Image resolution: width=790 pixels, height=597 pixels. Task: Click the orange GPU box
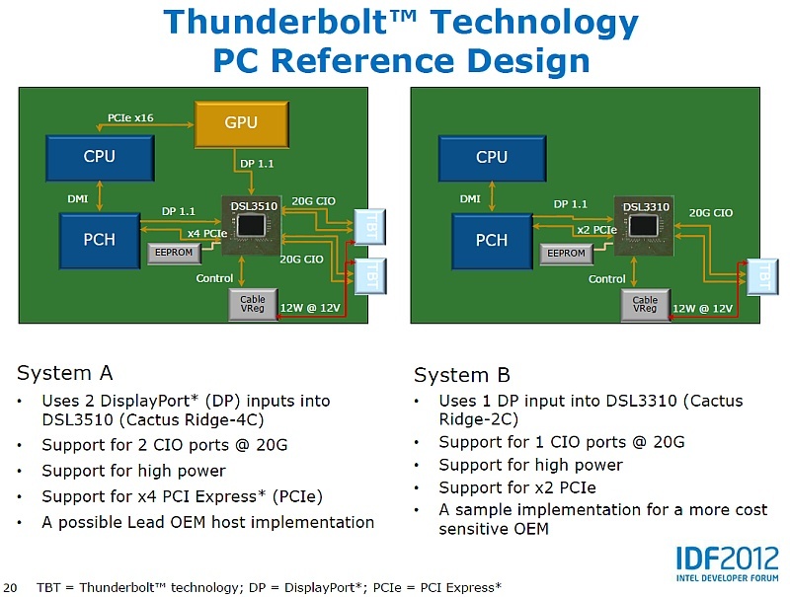(x=241, y=123)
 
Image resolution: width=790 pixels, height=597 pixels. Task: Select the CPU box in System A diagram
(x=99, y=157)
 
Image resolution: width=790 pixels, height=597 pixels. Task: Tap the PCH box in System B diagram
(x=492, y=241)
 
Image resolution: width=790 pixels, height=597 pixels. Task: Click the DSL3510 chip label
(x=254, y=206)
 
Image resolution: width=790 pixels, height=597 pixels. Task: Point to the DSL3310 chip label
(x=646, y=207)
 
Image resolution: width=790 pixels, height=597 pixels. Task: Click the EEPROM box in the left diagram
(x=174, y=253)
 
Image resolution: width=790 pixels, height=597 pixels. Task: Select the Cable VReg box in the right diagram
(x=645, y=305)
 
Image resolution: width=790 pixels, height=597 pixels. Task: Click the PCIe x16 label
(x=130, y=118)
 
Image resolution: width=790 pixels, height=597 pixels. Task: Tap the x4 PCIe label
(x=207, y=233)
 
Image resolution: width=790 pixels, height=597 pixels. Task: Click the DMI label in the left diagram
(x=78, y=199)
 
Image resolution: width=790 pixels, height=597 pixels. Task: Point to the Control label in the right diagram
(x=607, y=279)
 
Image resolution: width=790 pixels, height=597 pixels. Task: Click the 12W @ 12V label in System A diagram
(x=310, y=308)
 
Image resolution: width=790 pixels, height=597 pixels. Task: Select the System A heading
(x=65, y=373)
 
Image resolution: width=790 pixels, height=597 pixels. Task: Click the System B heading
(x=462, y=375)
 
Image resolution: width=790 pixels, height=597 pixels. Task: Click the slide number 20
(x=12, y=587)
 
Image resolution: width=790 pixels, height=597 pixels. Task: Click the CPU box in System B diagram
(x=492, y=157)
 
